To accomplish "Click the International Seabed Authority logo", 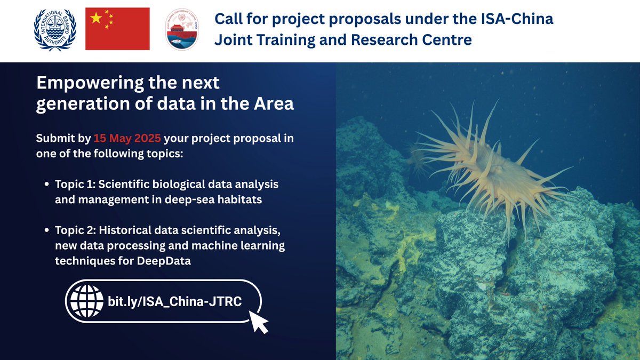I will pyautogui.click(x=55, y=29).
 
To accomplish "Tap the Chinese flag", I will pyautogui.click(x=117, y=29).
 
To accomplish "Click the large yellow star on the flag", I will pyautogui.click(x=97, y=18).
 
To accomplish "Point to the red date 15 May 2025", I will pyautogui.click(x=127, y=139).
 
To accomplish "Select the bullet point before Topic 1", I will pyautogui.click(x=47, y=184).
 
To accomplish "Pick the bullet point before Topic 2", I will pyautogui.click(x=47, y=230).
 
